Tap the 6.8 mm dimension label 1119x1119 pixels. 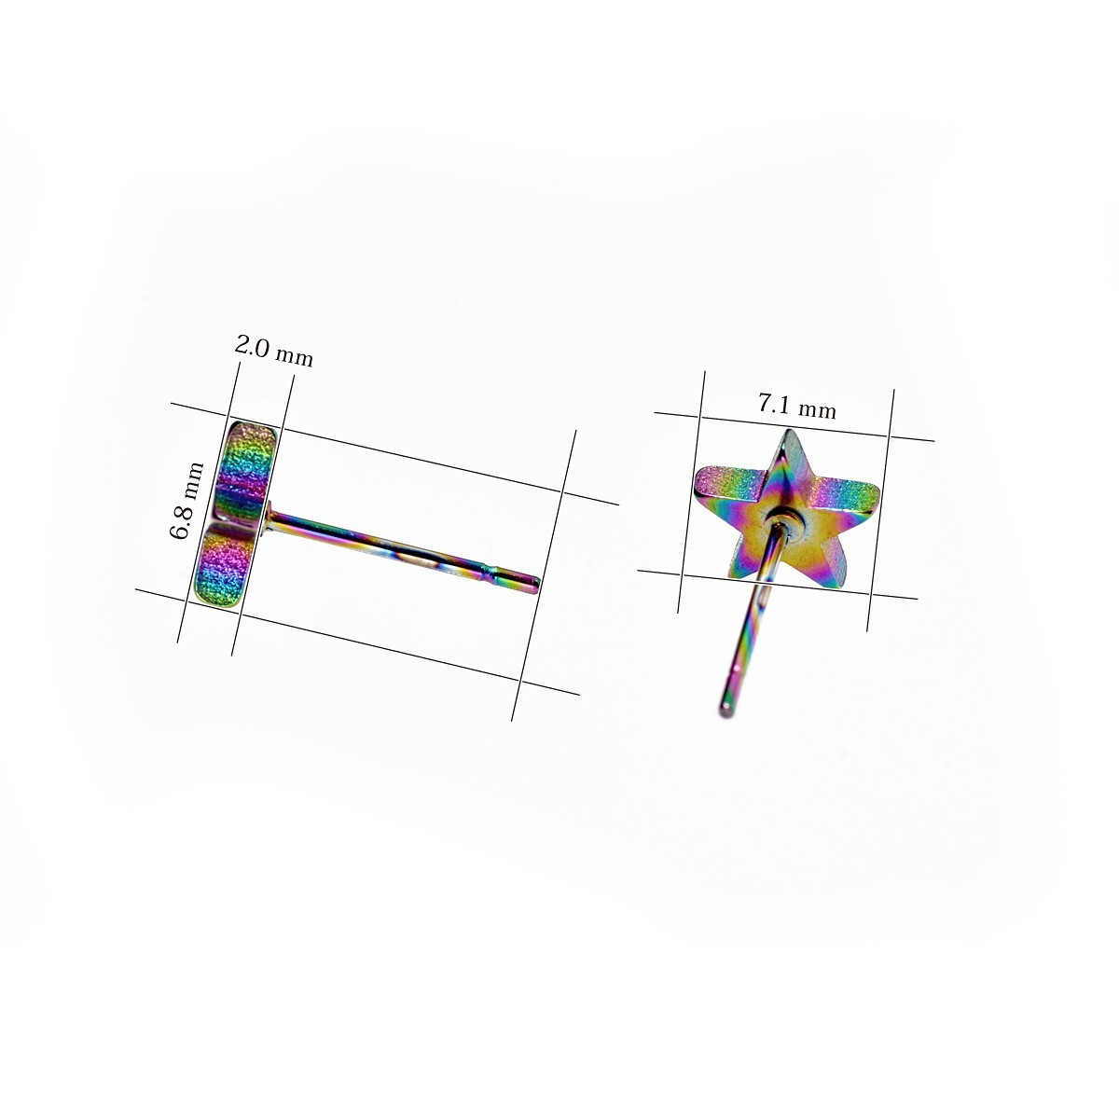pos(186,501)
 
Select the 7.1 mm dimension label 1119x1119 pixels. pos(796,406)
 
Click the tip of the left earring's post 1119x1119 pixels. pos(538,583)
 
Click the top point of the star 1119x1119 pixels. pos(788,430)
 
